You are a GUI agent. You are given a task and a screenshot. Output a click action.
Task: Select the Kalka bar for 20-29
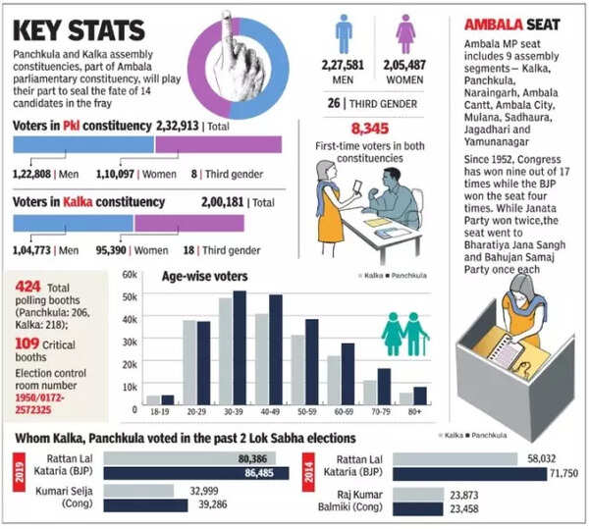(189, 363)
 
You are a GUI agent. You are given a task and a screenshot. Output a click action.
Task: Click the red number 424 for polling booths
(27, 287)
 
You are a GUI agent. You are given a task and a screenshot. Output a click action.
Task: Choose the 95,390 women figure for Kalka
(109, 250)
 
